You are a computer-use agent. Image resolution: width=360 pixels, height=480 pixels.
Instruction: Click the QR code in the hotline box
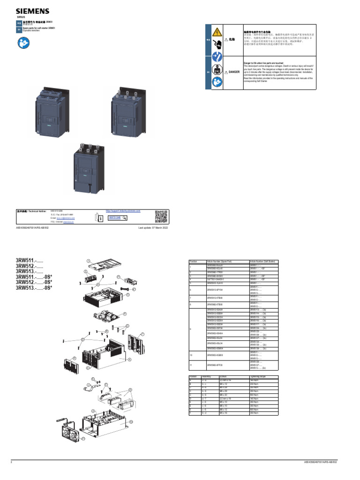[x=161, y=217]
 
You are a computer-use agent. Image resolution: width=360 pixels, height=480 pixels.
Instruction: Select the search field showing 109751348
[x=116, y=217]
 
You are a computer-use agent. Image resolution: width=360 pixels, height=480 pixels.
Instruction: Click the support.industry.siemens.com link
[x=123, y=211]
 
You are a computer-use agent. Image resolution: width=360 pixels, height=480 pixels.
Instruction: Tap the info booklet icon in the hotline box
[x=97, y=217]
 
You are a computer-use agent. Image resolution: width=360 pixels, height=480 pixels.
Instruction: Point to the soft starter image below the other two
[x=91, y=167]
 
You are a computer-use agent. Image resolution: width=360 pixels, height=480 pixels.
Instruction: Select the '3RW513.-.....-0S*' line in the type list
[x=34, y=288]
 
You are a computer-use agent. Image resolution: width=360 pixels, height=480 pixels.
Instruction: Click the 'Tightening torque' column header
[x=257, y=376]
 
